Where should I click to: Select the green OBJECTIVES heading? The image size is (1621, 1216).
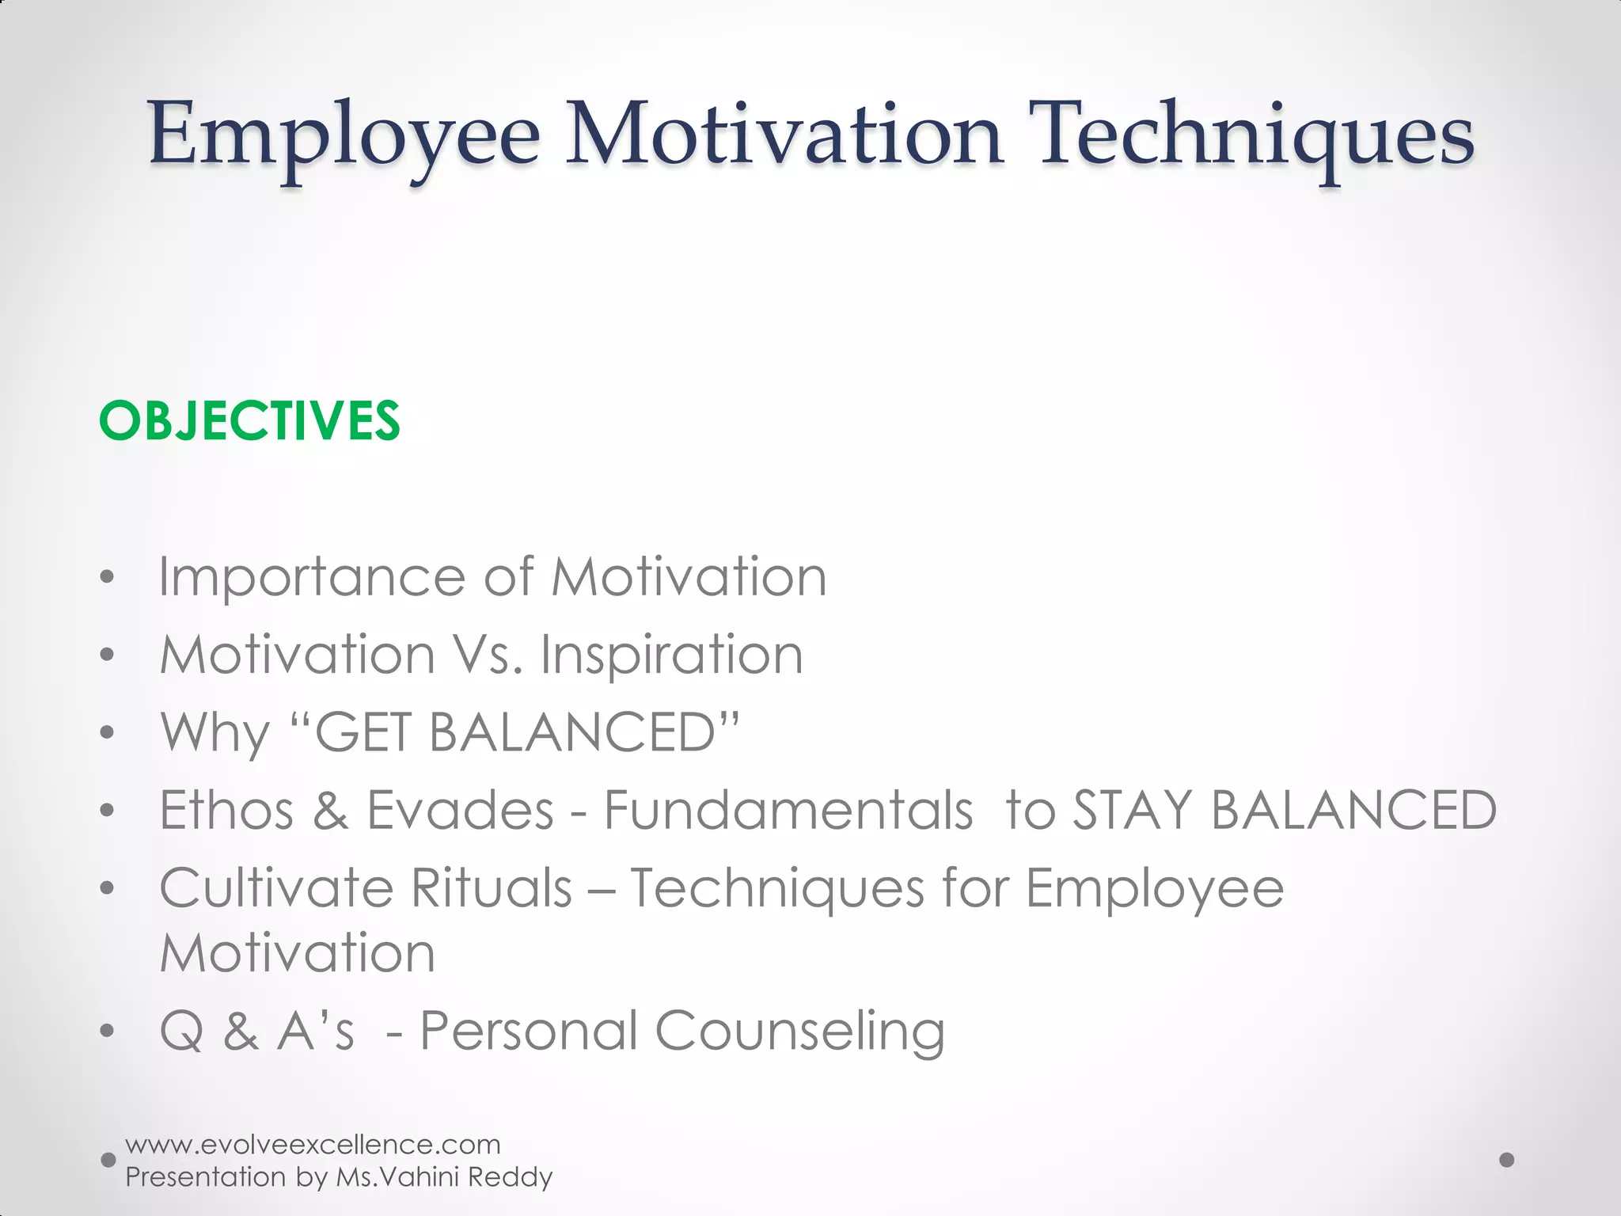(249, 420)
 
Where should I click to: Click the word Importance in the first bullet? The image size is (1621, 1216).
(311, 577)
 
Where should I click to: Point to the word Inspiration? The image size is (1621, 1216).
(671, 655)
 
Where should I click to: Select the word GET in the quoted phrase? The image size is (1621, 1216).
(362, 732)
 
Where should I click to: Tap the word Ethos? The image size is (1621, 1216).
(226, 810)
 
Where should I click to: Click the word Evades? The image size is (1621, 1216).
(460, 810)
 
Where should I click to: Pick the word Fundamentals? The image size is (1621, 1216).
(788, 810)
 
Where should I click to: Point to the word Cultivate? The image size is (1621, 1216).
(275, 887)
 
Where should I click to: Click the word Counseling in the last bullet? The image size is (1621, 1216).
(799, 1032)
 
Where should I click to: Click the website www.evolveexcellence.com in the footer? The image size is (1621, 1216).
(313, 1145)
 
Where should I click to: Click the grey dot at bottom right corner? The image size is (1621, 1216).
(1507, 1160)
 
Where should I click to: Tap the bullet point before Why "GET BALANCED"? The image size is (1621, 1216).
(108, 732)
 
